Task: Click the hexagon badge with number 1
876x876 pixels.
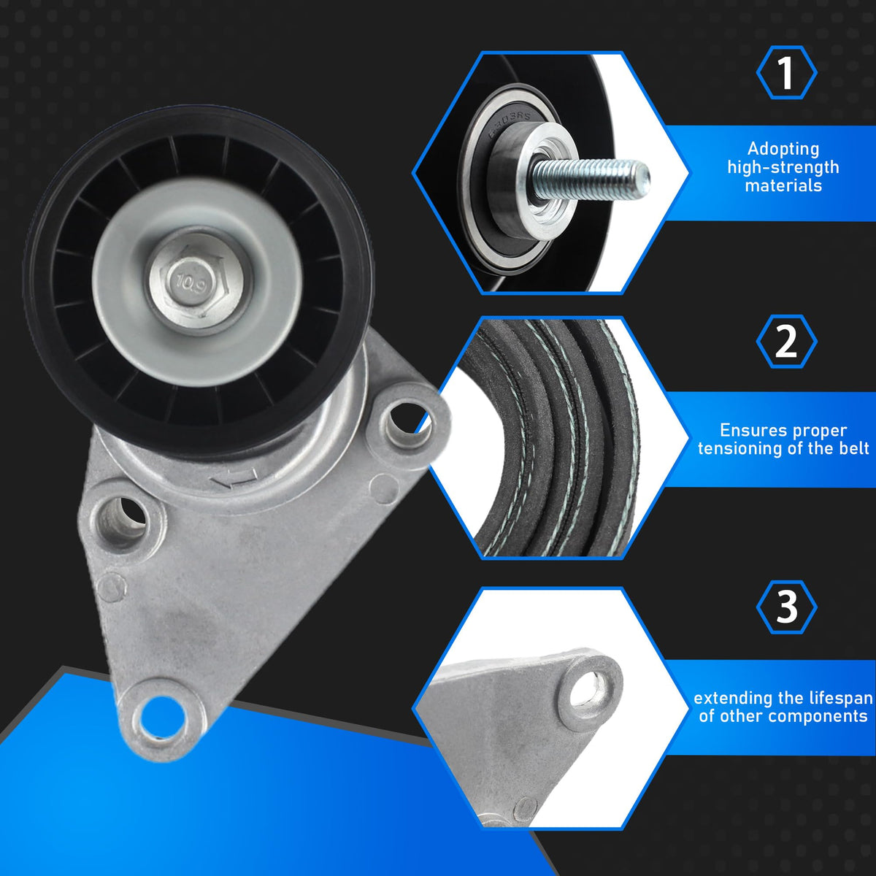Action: pyautogui.click(x=786, y=72)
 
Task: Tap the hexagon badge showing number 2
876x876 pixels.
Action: pyautogui.click(x=786, y=342)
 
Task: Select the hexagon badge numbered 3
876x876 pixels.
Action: pyautogui.click(x=786, y=607)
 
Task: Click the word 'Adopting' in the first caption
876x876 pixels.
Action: pyautogui.click(x=783, y=149)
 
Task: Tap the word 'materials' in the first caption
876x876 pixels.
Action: pyautogui.click(x=783, y=185)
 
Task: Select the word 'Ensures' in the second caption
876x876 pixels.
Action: pyautogui.click(x=745, y=429)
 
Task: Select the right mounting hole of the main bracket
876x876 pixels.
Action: pyautogui.click(x=406, y=424)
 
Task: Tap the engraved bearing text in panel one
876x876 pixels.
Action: pyautogui.click(x=509, y=125)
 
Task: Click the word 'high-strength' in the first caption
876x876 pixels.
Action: pyautogui.click(x=783, y=167)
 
